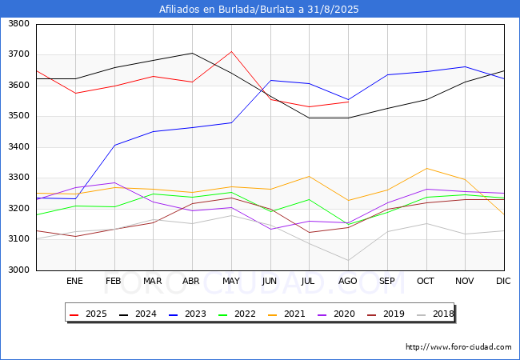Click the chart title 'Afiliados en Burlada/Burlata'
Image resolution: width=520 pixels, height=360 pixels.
pos(259,10)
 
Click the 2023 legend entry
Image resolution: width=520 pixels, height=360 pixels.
pos(190,314)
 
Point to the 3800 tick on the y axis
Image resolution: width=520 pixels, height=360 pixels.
pos(19,24)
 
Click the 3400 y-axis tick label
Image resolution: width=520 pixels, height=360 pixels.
pos(19,147)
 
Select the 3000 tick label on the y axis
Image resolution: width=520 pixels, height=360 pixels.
pos(19,270)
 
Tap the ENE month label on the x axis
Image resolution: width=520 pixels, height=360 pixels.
pos(74,281)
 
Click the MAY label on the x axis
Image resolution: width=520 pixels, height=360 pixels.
pos(231,281)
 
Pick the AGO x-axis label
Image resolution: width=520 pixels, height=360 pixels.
pos(348,281)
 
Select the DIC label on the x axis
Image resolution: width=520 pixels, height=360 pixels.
pos(504,281)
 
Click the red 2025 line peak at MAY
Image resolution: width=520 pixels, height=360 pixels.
pos(231,52)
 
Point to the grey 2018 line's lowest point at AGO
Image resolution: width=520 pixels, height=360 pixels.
pos(348,260)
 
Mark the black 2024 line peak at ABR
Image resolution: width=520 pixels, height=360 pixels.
pos(192,54)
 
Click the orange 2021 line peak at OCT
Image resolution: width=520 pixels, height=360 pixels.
pos(426,168)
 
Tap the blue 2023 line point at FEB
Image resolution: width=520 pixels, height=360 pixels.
pos(114,145)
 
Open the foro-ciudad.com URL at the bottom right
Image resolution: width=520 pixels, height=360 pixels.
pos(458,347)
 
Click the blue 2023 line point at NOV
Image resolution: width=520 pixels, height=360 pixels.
pos(465,67)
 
